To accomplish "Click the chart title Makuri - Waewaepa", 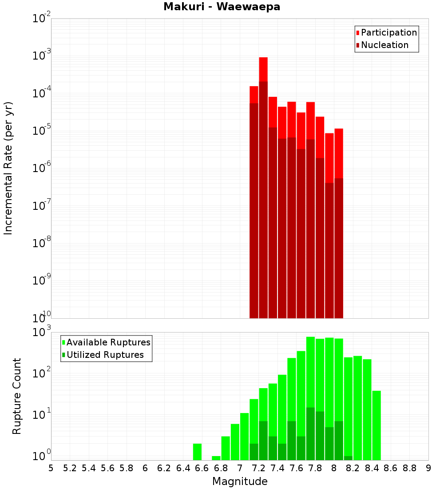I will tap(222, 7).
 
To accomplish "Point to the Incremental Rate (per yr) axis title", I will tap(8, 168).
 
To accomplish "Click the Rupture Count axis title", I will tap(17, 396).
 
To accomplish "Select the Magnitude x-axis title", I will tap(240, 481).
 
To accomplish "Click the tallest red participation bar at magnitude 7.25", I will tap(263, 69).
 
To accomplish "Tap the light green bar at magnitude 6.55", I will tap(197, 452).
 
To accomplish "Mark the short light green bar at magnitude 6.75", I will tap(216, 458).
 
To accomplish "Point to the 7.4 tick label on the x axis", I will tap(277, 468).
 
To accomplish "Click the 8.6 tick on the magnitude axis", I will tap(391, 468).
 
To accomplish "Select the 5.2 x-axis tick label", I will tap(70, 468).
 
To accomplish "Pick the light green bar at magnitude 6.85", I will tap(226, 448).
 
